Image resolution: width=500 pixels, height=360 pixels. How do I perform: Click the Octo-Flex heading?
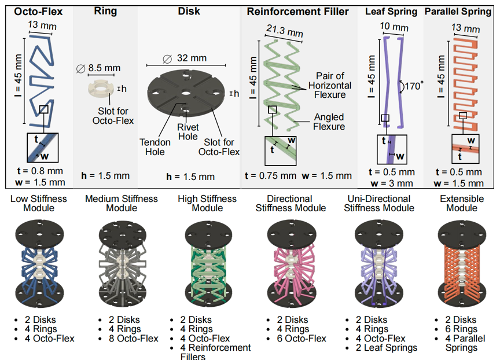coord(38,12)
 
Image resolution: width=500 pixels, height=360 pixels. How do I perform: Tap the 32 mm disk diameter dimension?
coord(185,58)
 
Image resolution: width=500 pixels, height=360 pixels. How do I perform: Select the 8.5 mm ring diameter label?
coord(98,68)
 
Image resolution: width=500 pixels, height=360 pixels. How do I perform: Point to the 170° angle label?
coord(414,86)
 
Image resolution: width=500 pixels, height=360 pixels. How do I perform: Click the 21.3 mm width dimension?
coord(285,31)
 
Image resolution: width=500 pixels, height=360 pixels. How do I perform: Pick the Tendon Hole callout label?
coord(155,147)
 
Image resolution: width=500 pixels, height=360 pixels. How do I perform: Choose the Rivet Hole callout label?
coord(188,132)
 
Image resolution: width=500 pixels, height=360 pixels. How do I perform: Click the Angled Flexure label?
coord(329,122)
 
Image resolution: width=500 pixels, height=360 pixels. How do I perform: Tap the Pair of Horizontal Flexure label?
coord(330,86)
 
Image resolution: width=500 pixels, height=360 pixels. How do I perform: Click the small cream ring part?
coord(101,89)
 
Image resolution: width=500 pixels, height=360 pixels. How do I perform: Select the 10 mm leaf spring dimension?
coord(394,27)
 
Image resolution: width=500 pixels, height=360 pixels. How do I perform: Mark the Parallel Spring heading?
coord(458,12)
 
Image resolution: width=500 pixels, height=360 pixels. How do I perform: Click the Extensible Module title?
coord(462,203)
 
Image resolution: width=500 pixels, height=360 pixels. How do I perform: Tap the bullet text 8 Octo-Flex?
coord(133,339)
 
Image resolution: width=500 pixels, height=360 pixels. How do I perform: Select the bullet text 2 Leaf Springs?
coord(387,348)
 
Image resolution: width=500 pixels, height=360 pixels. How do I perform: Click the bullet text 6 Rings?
coord(461,329)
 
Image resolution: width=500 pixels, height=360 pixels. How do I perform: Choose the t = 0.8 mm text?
coord(40,171)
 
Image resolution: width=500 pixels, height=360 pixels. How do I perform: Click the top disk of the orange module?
coord(462,235)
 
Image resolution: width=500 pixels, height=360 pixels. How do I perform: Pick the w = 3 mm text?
coord(392,183)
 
